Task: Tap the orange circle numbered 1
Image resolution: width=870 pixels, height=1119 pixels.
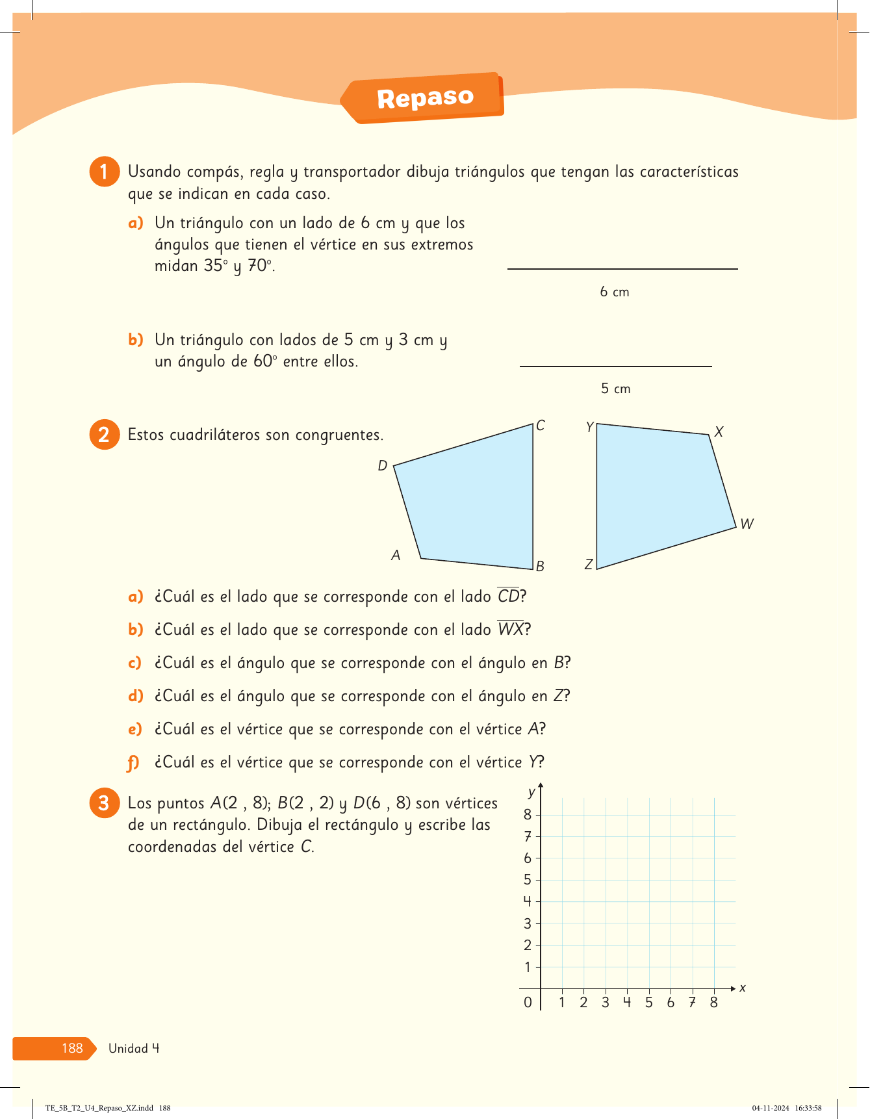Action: pos(104,172)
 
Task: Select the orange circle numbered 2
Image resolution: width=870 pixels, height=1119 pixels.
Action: pos(104,435)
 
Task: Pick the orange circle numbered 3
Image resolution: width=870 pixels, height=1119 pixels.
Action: pos(104,803)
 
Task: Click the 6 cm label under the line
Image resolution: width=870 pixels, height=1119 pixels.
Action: pos(614,292)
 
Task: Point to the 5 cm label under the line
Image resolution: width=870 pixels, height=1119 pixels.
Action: pos(615,389)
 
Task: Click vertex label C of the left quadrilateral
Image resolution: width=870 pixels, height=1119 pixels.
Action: pos(541,426)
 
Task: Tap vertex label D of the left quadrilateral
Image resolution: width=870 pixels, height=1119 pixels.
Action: pos(383,465)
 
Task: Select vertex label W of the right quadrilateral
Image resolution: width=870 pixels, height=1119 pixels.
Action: pos(747,524)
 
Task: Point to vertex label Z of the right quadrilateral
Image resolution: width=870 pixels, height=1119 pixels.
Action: pos(589,564)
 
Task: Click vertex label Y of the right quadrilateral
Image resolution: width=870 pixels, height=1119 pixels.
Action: pos(589,427)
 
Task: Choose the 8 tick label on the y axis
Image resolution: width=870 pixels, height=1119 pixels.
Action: pos(528,814)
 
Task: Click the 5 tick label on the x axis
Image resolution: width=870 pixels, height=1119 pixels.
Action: pos(648,1003)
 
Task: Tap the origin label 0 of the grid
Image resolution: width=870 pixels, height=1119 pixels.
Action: pos(528,1003)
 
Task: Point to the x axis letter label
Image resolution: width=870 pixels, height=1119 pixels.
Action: pos(743,988)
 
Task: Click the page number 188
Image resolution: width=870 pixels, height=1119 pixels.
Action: pos(72,1048)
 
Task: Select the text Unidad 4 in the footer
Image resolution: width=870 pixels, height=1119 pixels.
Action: pos(134,1048)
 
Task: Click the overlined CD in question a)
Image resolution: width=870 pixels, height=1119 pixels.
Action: pos(508,596)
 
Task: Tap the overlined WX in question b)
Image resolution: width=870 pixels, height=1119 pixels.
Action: pos(511,629)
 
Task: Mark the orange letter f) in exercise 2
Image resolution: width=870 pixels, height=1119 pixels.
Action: pos(134,762)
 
